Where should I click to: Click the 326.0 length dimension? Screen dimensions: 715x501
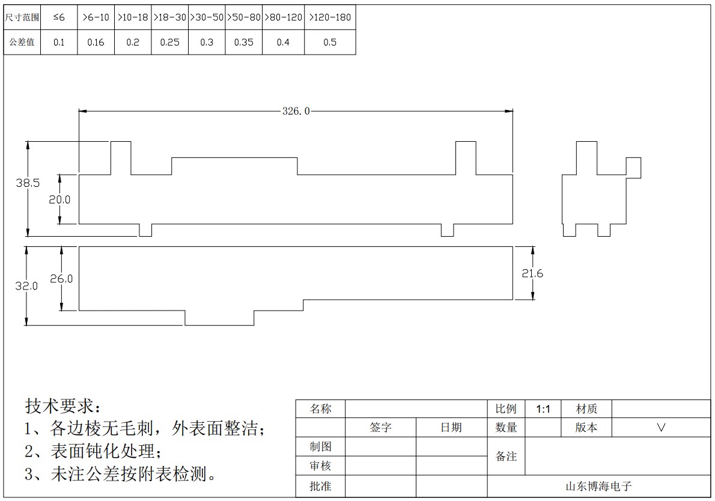coord(296,111)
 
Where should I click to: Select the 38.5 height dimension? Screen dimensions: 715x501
coord(28,183)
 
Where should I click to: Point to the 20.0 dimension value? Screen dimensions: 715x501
coord(59,199)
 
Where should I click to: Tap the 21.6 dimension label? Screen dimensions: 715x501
coord(532,273)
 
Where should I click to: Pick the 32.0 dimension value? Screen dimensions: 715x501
coord(26,287)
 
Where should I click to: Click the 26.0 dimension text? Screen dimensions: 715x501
coord(61,279)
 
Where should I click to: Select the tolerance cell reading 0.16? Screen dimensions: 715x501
coord(96,43)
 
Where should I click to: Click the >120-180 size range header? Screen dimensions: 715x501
coord(330,17)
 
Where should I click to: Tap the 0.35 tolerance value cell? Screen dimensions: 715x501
coord(243,43)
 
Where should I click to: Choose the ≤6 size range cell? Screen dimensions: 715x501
coord(59,17)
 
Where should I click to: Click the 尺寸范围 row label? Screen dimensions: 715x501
coord(22,17)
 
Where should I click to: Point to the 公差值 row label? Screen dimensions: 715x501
coord(22,42)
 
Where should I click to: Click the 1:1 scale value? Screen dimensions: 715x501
coord(543,409)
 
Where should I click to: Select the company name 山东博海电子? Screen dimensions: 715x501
coord(598,487)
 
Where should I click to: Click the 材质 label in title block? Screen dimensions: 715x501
coord(586,409)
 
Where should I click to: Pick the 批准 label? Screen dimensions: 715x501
coord(320,487)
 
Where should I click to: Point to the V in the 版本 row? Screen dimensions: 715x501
coord(661,428)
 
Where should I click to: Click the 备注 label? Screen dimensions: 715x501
coord(506,457)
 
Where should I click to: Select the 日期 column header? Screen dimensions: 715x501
coord(451,428)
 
